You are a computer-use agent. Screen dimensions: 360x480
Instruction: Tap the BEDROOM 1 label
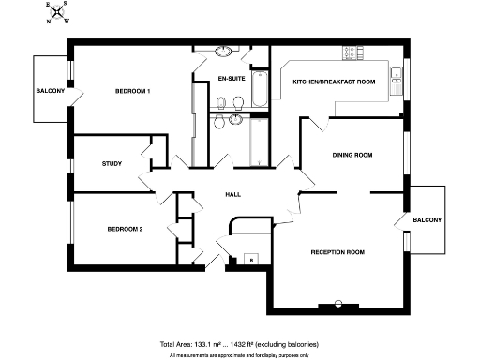coord(133,91)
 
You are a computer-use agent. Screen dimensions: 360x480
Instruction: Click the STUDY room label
coord(112,164)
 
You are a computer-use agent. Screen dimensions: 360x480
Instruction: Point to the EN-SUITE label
coord(231,79)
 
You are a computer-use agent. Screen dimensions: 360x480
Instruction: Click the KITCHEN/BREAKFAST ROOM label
coord(334,82)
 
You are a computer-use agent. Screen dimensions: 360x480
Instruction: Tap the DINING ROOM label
coord(352,155)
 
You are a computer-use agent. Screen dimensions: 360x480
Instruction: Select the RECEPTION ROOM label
coord(337,253)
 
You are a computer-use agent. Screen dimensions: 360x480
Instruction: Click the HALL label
coord(234,194)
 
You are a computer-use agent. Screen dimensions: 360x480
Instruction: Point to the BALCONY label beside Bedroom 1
coord(51,91)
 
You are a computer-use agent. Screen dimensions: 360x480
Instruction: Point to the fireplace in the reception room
coord(337,305)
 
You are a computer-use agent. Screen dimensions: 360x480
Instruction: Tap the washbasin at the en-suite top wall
coord(226,52)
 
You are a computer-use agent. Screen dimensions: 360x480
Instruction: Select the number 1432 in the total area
coord(247,344)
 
